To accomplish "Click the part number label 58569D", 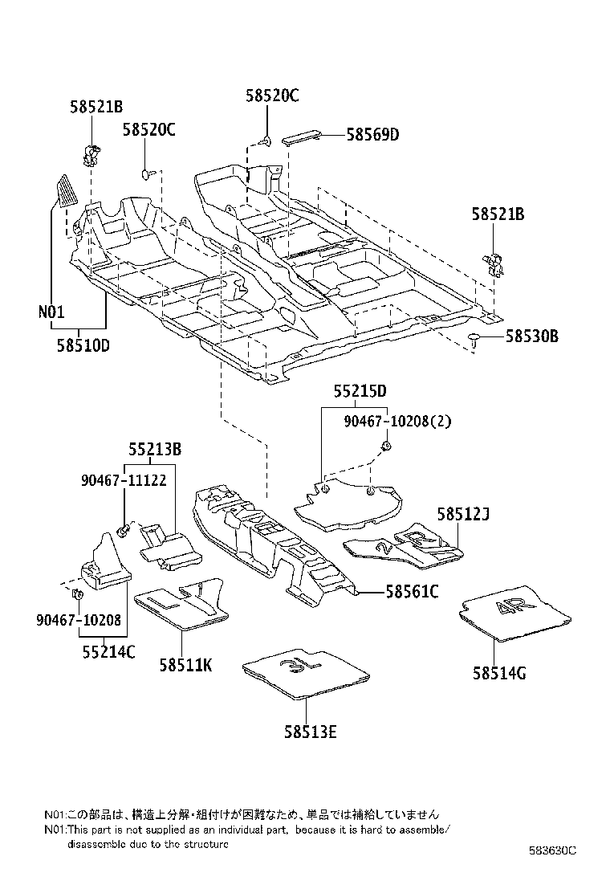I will (372, 135).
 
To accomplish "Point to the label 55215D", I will (360, 391).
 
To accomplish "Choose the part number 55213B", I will (154, 451).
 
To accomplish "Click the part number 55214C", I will (108, 651).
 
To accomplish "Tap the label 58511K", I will (185, 664).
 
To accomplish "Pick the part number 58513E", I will (309, 732).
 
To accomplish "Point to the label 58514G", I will (499, 673).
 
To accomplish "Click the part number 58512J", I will (463, 513).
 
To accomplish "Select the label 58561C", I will (412, 592).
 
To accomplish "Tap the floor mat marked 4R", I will (514, 612).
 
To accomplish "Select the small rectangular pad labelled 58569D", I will (303, 136).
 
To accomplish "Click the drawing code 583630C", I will (552, 850).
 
